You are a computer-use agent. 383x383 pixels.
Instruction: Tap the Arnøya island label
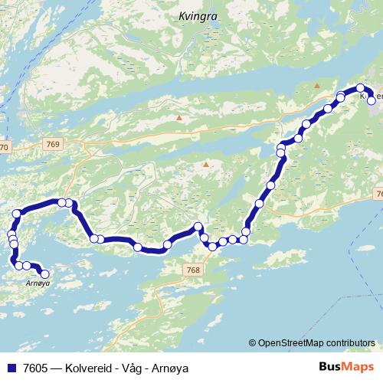[x=38, y=283]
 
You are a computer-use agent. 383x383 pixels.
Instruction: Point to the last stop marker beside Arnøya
[x=44, y=273]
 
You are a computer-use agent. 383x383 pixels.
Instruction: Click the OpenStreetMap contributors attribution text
[x=316, y=343]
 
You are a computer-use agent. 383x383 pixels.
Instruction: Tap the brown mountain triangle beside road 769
[x=179, y=118]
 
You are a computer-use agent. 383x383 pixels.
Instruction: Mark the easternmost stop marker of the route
[x=372, y=100]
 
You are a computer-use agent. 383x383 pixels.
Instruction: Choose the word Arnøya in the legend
[x=170, y=368]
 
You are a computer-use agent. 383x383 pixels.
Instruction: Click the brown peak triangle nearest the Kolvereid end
[x=316, y=85]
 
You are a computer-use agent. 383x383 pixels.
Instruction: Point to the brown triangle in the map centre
[x=205, y=164]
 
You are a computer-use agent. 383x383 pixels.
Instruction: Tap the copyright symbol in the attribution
[x=252, y=343]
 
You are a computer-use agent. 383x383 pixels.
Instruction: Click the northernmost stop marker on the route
[x=360, y=88]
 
